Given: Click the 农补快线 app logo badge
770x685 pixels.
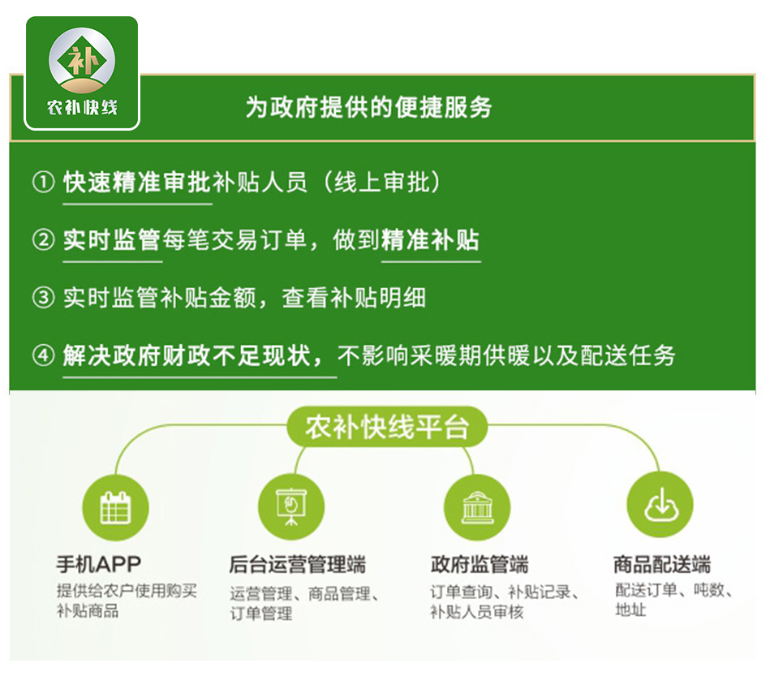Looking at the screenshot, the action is click(x=82, y=73).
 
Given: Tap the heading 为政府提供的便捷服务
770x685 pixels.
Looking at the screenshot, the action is click(x=368, y=107).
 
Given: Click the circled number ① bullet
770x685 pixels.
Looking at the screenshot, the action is click(x=43, y=182).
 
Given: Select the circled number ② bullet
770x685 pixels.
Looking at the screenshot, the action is click(x=43, y=240).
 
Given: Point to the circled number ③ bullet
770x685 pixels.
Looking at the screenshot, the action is click(x=43, y=298).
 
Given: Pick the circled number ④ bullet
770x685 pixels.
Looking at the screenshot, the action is click(x=43, y=355).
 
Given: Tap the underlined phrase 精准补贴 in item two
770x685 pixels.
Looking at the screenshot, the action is click(x=430, y=240).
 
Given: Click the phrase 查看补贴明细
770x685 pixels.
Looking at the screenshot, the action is click(x=354, y=298).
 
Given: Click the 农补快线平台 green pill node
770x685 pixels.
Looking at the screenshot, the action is click(x=387, y=427).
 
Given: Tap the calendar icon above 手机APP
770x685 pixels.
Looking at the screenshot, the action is click(x=115, y=508).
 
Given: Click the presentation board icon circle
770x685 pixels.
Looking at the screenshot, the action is click(x=291, y=507).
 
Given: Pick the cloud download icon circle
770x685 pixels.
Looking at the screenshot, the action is click(x=660, y=505).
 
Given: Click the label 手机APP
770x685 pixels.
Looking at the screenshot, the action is click(x=99, y=564).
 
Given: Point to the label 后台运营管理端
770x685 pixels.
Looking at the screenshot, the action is click(x=298, y=565).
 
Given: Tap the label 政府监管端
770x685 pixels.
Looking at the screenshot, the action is click(x=480, y=565).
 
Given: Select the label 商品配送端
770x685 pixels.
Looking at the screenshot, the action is click(x=662, y=565).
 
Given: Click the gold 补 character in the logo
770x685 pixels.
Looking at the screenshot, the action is click(x=81, y=60).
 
